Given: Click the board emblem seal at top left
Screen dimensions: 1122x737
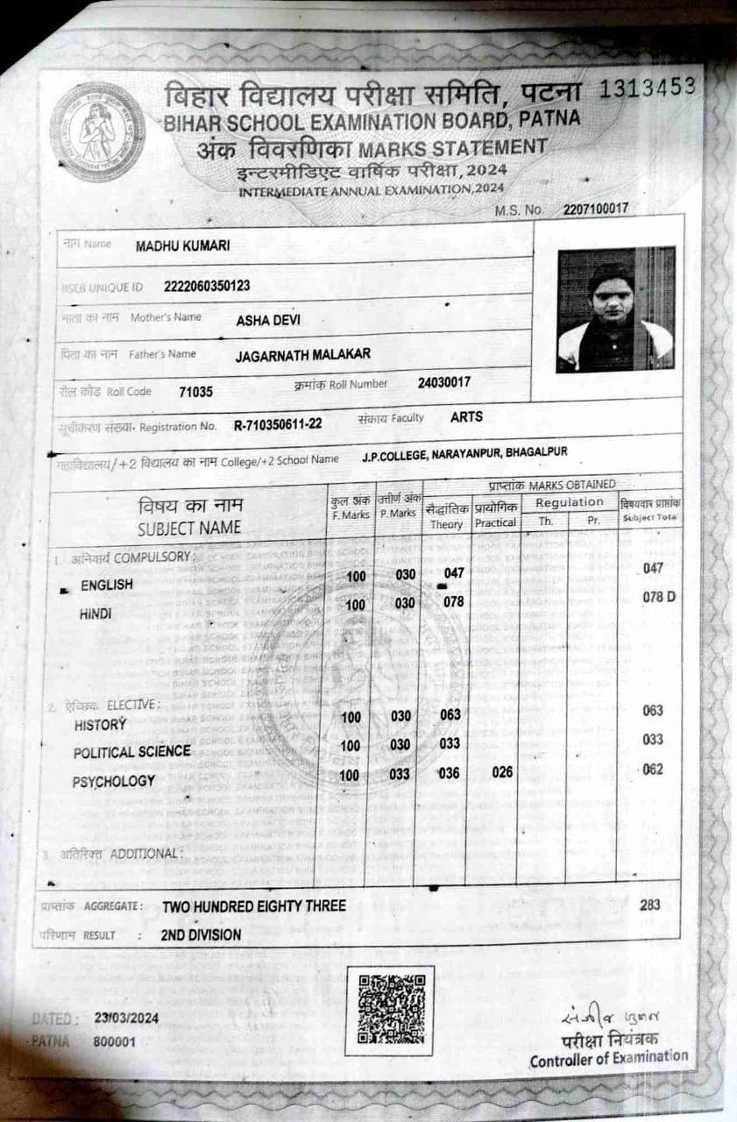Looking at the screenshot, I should click(x=97, y=131).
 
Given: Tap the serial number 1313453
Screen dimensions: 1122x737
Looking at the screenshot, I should click(x=648, y=86).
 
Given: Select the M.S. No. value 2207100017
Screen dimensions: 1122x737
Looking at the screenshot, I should click(x=596, y=209).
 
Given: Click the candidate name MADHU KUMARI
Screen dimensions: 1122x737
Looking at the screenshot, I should click(x=182, y=246).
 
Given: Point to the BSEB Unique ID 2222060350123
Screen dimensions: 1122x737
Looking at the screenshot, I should click(x=207, y=286).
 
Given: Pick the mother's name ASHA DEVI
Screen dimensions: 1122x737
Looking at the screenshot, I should click(x=268, y=320).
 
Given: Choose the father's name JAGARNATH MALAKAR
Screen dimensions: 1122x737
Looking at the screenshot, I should click(x=303, y=354).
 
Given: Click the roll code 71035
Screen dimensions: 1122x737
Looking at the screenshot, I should click(x=195, y=392).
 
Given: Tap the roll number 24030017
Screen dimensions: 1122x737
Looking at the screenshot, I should click(x=444, y=382).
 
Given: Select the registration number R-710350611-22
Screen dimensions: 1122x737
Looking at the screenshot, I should click(x=278, y=424).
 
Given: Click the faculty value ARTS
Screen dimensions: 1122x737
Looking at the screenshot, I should click(x=466, y=417).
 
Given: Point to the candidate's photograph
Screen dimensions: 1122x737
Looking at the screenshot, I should click(x=615, y=309).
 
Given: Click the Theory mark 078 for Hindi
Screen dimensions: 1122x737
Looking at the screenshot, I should click(x=453, y=602).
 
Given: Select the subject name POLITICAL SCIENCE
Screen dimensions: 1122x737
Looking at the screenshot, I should click(x=131, y=751).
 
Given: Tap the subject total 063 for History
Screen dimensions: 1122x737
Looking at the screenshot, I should click(x=653, y=711).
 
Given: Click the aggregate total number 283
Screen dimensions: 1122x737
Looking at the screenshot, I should click(x=650, y=905).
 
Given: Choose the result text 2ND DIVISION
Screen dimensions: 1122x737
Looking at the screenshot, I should click(x=201, y=934).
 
